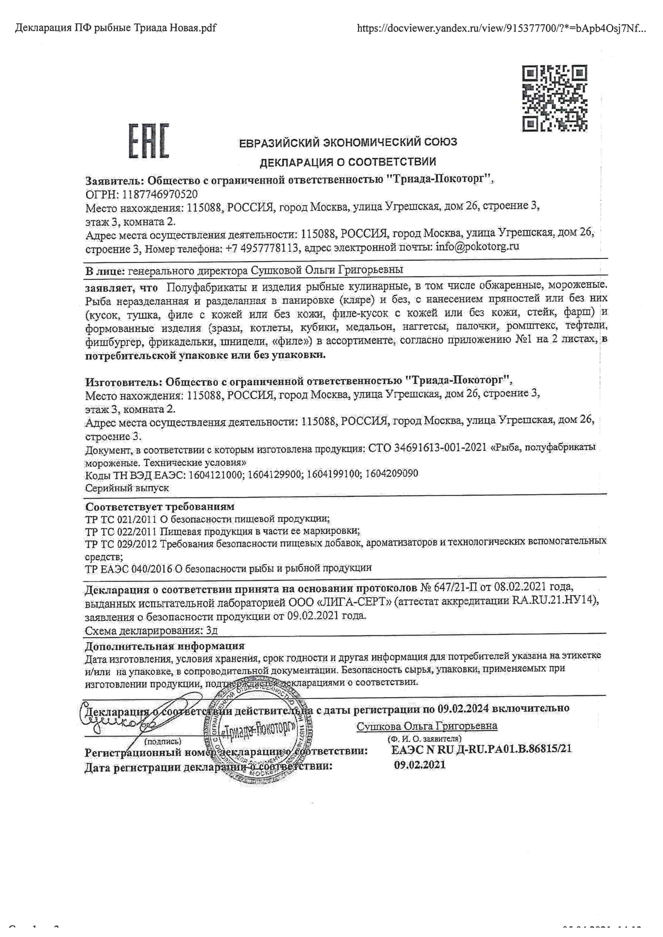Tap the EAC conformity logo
point(149,141)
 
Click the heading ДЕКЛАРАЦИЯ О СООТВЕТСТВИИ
point(348,162)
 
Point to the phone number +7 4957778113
point(261,248)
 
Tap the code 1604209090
point(392,474)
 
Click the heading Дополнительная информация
point(164,646)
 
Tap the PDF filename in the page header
point(115,28)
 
